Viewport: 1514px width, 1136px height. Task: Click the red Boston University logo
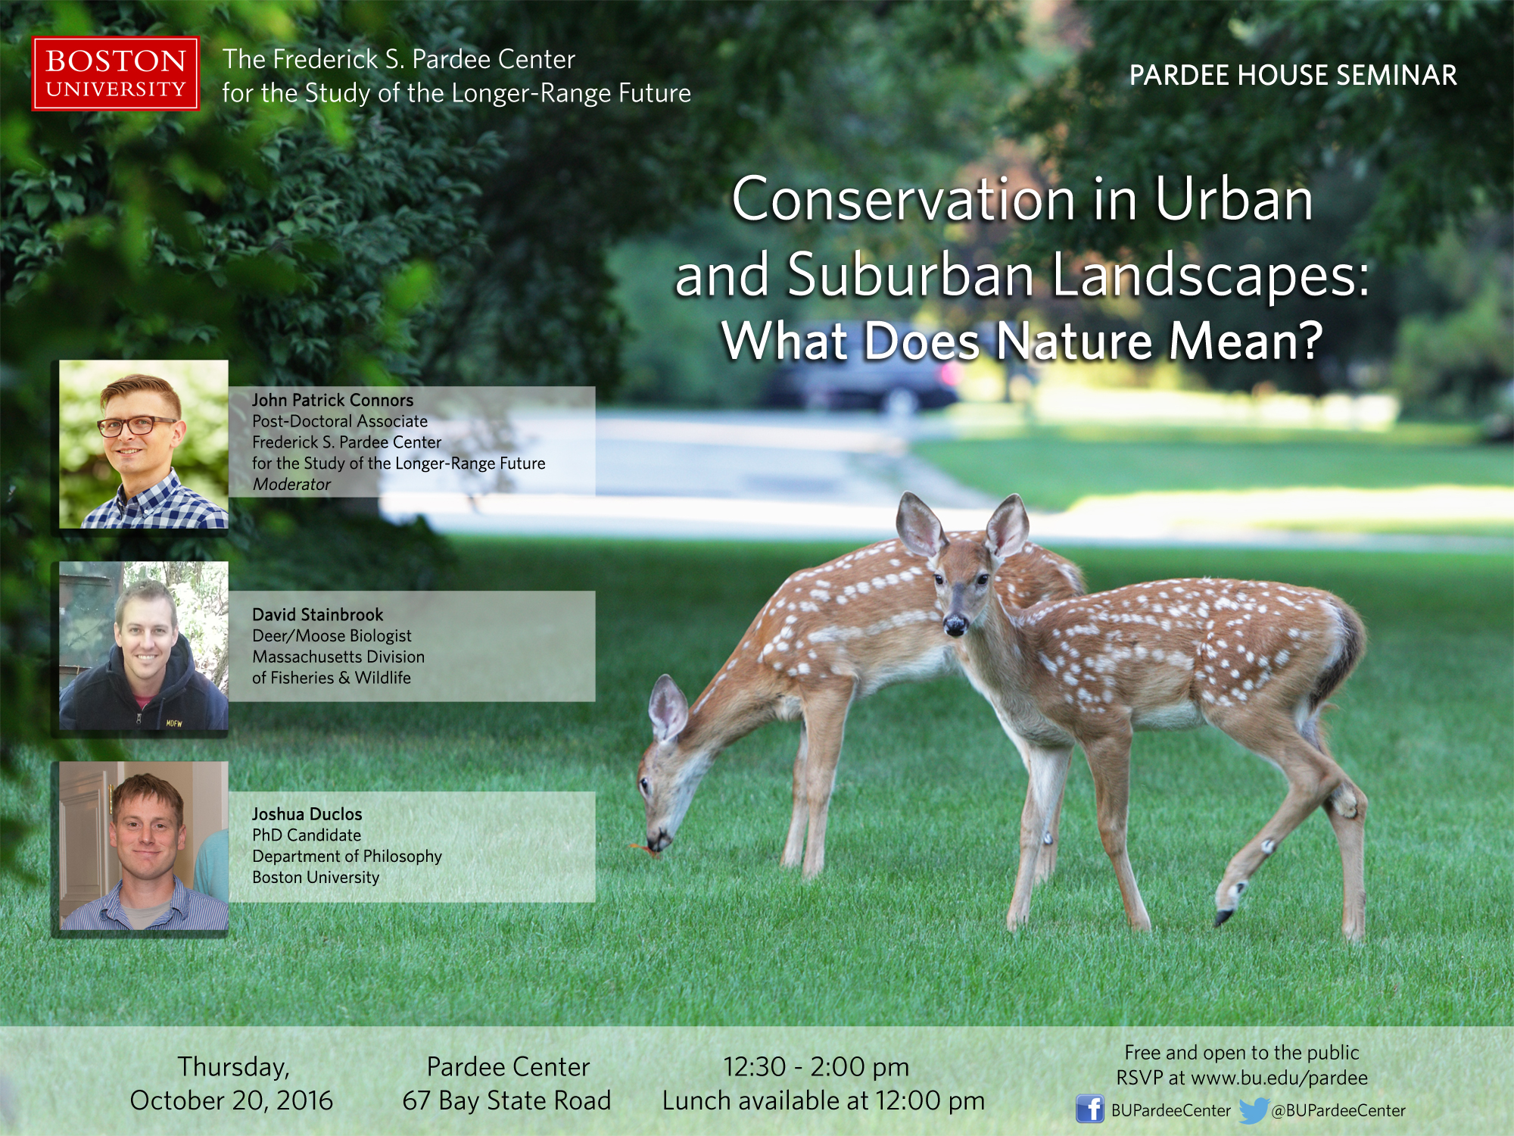(116, 74)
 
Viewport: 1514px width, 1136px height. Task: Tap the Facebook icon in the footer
(1090, 1109)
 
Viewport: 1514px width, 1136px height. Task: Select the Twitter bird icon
(1254, 1110)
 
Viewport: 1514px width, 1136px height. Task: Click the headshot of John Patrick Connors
(144, 444)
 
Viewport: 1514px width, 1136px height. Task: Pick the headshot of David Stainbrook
(144, 646)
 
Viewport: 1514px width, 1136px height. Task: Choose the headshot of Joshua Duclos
(144, 846)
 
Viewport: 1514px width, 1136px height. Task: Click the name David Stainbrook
(318, 614)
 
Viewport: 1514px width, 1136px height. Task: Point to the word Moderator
(291, 485)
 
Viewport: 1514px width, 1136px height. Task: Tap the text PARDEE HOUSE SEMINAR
(1293, 75)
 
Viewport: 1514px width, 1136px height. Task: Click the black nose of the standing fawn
(955, 625)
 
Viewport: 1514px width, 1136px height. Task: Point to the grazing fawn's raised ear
(667, 707)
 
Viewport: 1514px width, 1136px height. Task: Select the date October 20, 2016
(232, 1100)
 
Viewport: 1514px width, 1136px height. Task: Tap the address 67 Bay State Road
(506, 1100)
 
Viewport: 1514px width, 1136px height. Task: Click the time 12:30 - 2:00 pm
(816, 1067)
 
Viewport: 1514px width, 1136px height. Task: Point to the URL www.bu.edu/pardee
(1279, 1078)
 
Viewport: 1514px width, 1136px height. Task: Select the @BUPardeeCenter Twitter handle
(1338, 1111)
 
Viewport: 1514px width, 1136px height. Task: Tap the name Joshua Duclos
(307, 814)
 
